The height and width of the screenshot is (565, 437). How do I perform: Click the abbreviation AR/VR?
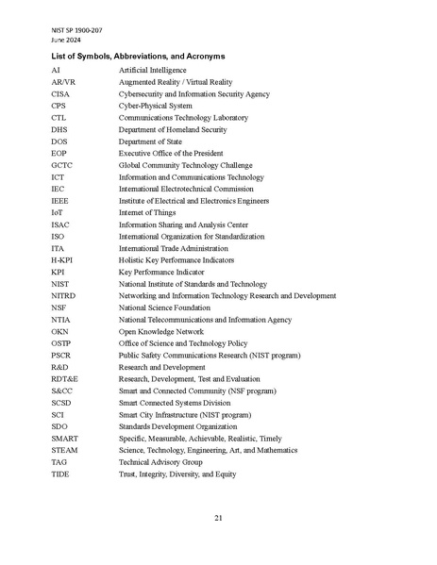click(63, 82)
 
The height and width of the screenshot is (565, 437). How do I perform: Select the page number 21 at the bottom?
click(218, 518)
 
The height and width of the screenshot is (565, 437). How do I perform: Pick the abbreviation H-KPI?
click(63, 259)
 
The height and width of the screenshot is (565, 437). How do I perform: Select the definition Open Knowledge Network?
click(160, 332)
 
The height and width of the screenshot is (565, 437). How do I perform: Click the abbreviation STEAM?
click(64, 451)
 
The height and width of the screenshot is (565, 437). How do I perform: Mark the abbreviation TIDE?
click(60, 474)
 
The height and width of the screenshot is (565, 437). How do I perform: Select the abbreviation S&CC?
click(62, 391)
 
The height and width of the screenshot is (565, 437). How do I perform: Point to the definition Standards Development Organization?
click(176, 426)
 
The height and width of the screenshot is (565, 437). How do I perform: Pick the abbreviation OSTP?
click(61, 343)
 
